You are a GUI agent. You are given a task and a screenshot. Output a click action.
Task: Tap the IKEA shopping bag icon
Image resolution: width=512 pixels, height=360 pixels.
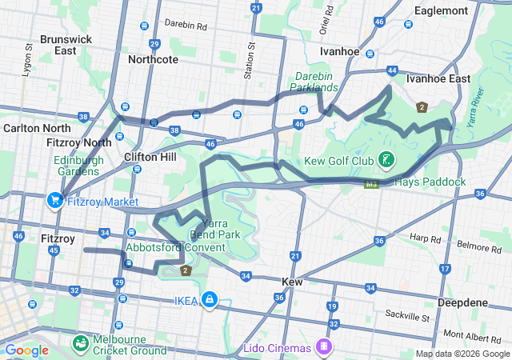(x=209, y=299)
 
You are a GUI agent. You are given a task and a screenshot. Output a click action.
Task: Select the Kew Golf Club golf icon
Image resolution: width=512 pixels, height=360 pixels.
(x=386, y=160)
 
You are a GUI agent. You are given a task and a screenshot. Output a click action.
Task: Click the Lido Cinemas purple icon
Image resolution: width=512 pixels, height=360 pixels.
(x=325, y=346)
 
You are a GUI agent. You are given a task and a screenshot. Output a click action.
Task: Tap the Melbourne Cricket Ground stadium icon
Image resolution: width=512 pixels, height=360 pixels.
(x=81, y=344)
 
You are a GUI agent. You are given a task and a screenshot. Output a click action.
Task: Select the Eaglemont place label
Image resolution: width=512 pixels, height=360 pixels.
(x=441, y=10)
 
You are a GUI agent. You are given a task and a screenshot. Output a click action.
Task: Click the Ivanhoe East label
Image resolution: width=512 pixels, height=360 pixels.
(x=438, y=78)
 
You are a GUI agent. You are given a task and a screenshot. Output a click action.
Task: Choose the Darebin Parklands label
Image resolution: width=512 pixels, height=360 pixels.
(x=314, y=82)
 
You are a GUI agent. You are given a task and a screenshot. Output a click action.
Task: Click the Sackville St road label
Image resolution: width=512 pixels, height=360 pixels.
(x=407, y=314)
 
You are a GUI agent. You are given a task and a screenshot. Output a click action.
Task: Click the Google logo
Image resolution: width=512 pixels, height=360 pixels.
(x=27, y=350)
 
